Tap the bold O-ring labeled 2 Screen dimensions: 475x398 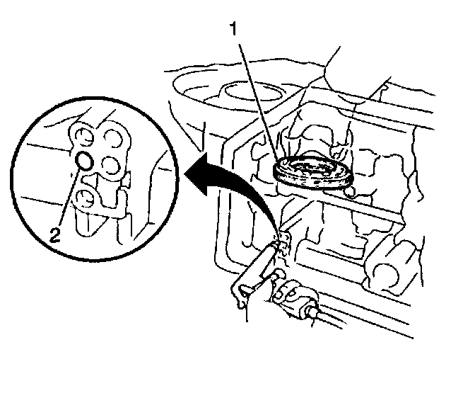(x=83, y=161)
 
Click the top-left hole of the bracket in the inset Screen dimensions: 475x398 (x=84, y=136)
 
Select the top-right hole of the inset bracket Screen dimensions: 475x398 (x=112, y=136)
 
